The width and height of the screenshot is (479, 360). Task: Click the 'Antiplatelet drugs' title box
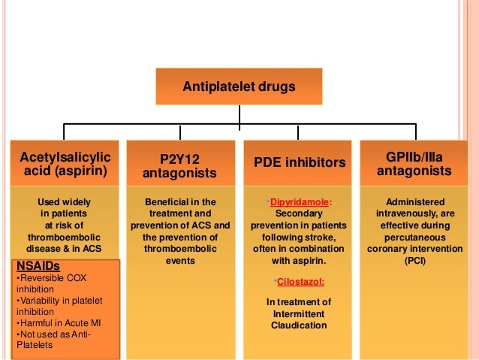pyautogui.click(x=239, y=87)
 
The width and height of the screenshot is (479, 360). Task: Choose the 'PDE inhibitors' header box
pyautogui.click(x=298, y=162)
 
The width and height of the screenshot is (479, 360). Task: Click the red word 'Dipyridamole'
pyautogui.click(x=299, y=202)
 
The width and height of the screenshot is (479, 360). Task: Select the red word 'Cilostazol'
pyautogui.click(x=298, y=281)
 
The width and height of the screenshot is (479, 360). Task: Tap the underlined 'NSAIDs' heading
pyautogui.click(x=38, y=266)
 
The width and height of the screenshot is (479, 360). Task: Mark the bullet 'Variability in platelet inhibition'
pyautogui.click(x=56, y=307)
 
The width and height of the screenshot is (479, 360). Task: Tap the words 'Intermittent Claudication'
pyautogui.click(x=299, y=319)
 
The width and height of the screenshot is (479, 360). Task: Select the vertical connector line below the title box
pyautogui.click(x=239, y=114)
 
